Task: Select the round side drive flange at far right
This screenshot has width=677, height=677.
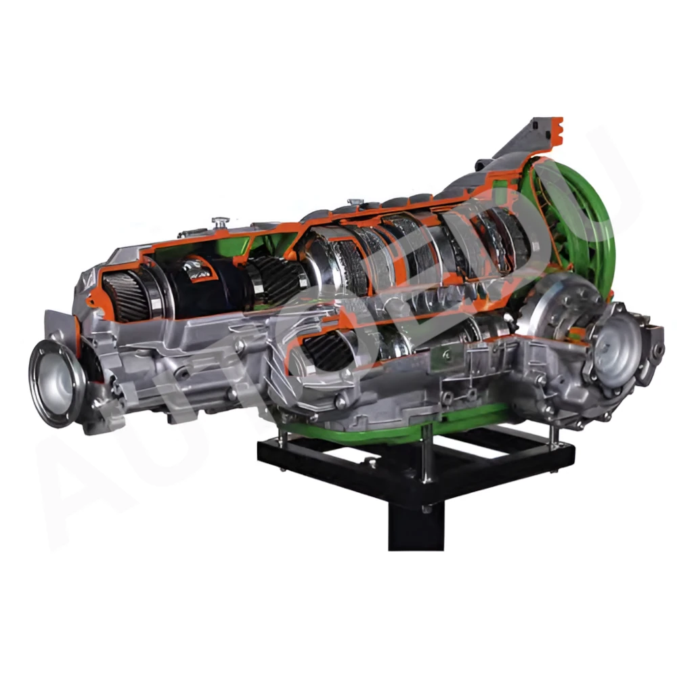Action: point(617,352)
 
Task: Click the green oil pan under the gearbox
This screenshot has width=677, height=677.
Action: point(406,427)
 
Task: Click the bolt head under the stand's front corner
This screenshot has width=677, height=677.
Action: point(427,509)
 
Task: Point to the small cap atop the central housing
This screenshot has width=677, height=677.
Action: point(352,203)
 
